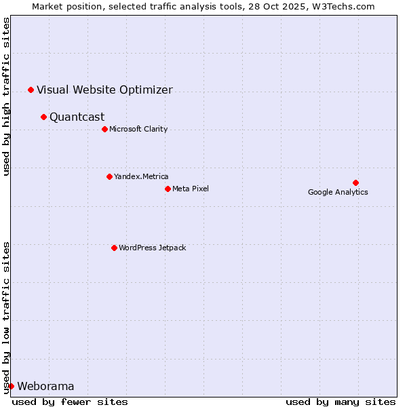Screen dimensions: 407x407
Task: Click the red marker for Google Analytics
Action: [x=355, y=182]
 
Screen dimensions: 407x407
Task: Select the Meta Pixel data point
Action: [x=168, y=189]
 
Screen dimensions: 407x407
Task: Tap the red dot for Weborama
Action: [x=11, y=386]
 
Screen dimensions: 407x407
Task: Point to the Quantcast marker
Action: [x=43, y=117]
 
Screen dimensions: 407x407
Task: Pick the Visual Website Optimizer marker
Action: [x=31, y=90]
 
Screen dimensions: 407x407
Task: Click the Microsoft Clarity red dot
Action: [x=104, y=129]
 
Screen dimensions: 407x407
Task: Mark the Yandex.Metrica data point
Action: [x=109, y=176]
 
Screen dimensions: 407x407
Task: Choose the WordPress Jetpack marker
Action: [x=114, y=248]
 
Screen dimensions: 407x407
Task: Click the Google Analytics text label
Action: [x=338, y=192]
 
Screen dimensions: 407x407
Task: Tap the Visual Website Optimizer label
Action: [x=104, y=90]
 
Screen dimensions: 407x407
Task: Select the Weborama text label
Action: [x=45, y=387]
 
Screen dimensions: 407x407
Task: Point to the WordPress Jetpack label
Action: [x=152, y=248]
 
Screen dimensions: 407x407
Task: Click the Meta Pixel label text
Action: [x=191, y=189]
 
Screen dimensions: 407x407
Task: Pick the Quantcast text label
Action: [x=77, y=117]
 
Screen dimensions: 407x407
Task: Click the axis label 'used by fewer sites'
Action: [x=70, y=402]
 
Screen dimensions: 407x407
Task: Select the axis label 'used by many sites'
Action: [x=341, y=402]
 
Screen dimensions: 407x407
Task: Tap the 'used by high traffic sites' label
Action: [x=6, y=96]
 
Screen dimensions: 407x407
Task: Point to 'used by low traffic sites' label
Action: [x=6, y=317]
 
